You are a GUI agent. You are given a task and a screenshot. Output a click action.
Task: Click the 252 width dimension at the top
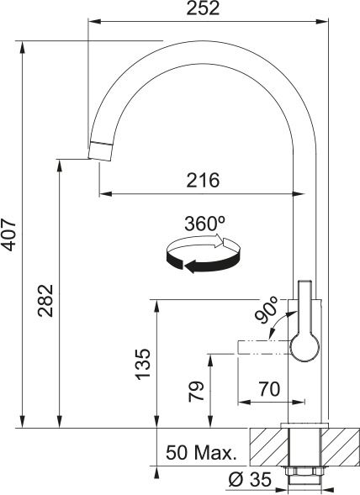(203, 9)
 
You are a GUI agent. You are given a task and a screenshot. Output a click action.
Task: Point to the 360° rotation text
(204, 224)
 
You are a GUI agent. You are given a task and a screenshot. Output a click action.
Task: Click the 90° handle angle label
(267, 313)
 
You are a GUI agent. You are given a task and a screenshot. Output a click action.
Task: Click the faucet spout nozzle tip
(100, 150)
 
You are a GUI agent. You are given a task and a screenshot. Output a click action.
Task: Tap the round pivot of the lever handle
(304, 346)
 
